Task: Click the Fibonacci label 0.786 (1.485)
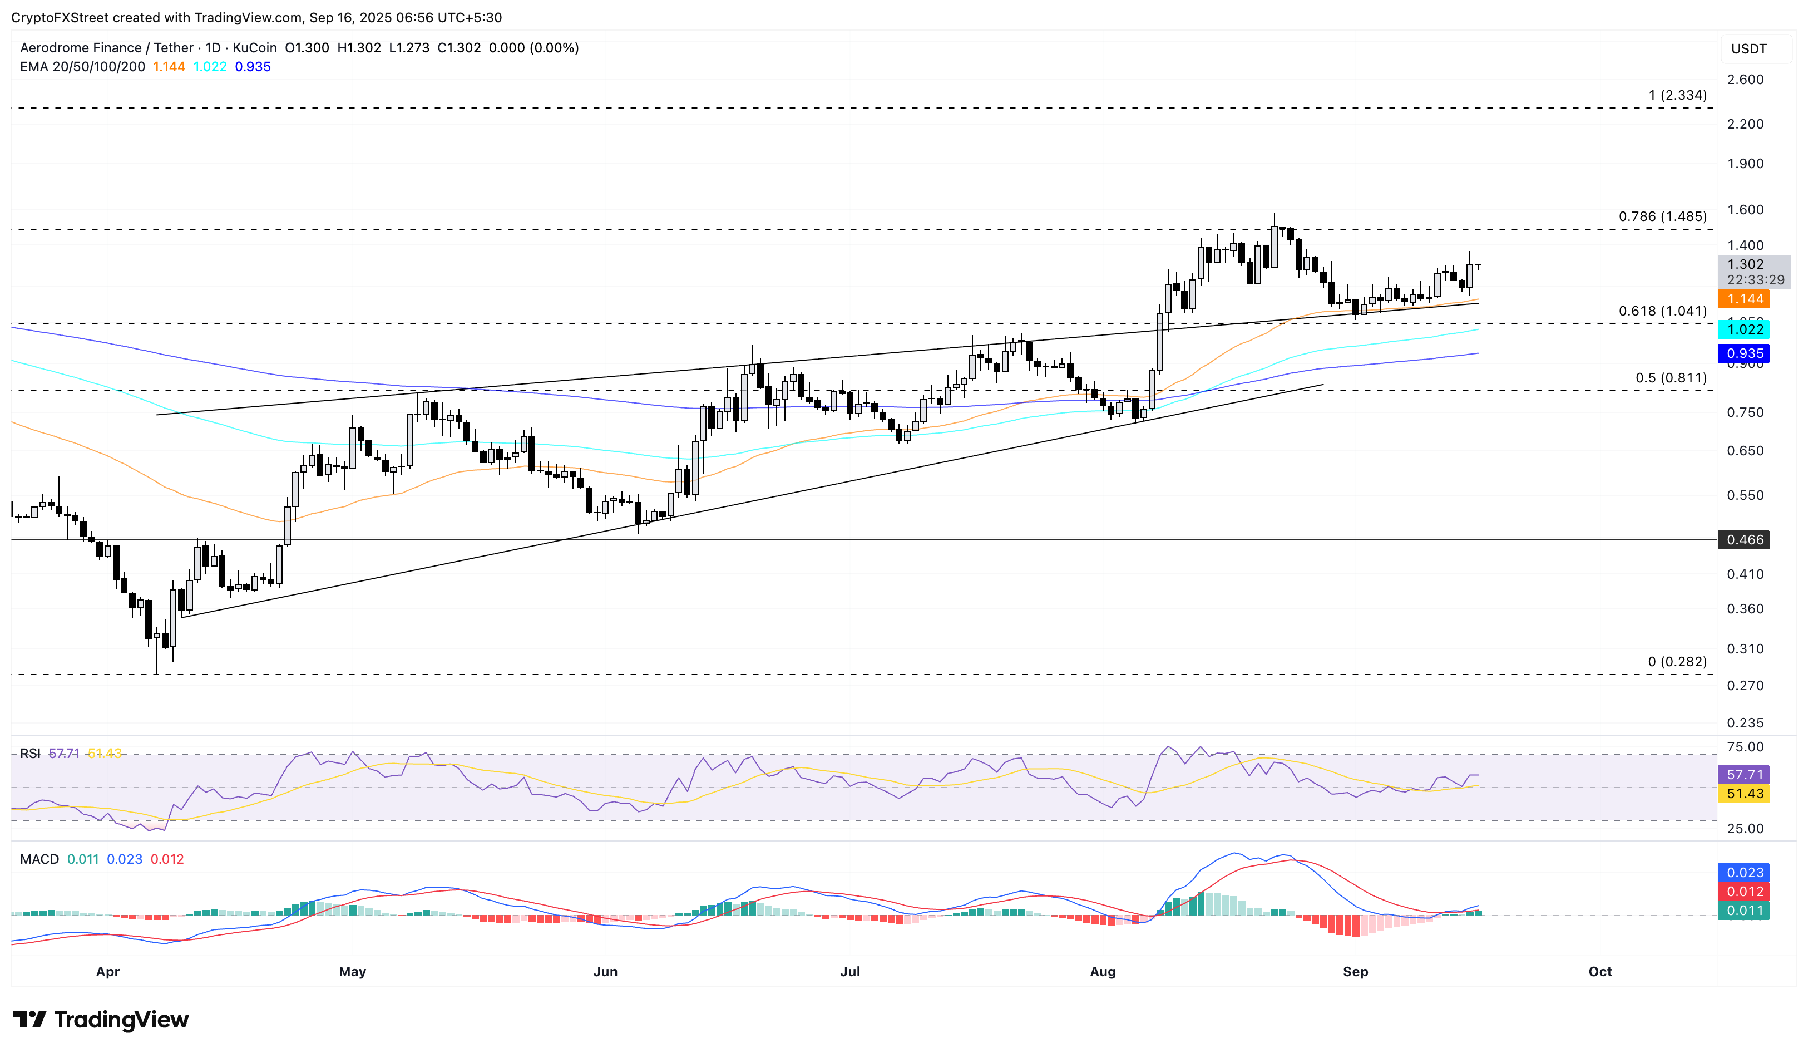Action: click(1662, 216)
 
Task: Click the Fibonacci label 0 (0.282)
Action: click(1677, 661)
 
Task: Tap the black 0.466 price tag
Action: click(1743, 540)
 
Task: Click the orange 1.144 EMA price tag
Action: click(1743, 299)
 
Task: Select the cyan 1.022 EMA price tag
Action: click(1743, 329)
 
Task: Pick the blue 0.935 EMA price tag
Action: click(1743, 353)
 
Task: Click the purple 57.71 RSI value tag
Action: click(1743, 775)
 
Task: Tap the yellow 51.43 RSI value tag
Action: click(1743, 793)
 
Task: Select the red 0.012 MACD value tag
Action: click(1743, 892)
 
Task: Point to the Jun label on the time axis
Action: click(605, 971)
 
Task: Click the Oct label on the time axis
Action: click(1599, 971)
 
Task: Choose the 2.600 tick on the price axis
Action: click(1745, 79)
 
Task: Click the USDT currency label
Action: click(1748, 49)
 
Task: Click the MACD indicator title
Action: click(39, 859)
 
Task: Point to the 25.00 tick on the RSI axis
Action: click(1745, 828)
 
